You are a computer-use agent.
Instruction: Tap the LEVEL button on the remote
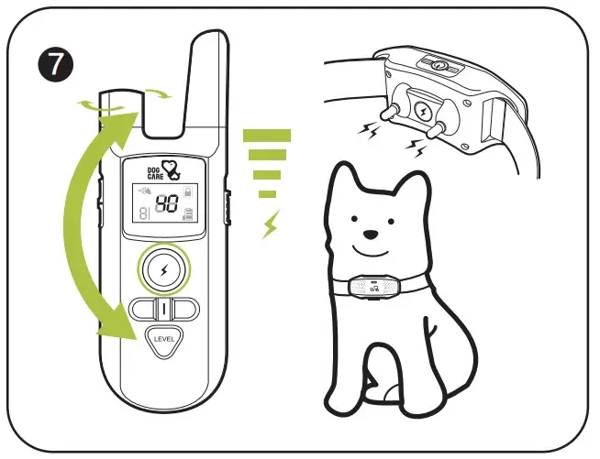[165, 342]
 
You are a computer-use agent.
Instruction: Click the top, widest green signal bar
[267, 136]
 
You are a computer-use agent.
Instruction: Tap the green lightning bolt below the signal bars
[269, 224]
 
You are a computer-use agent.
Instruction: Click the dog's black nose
[370, 232]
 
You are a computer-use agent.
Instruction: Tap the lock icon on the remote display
[188, 191]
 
